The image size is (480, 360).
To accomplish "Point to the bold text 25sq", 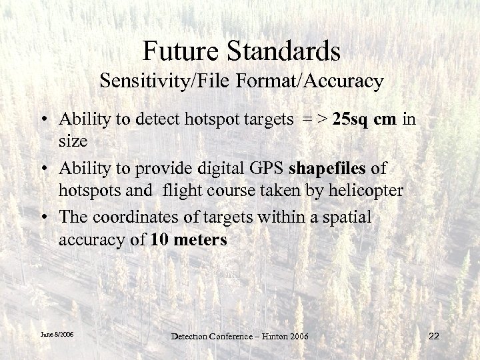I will click(x=353, y=120).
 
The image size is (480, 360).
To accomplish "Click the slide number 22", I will click(x=434, y=336).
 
